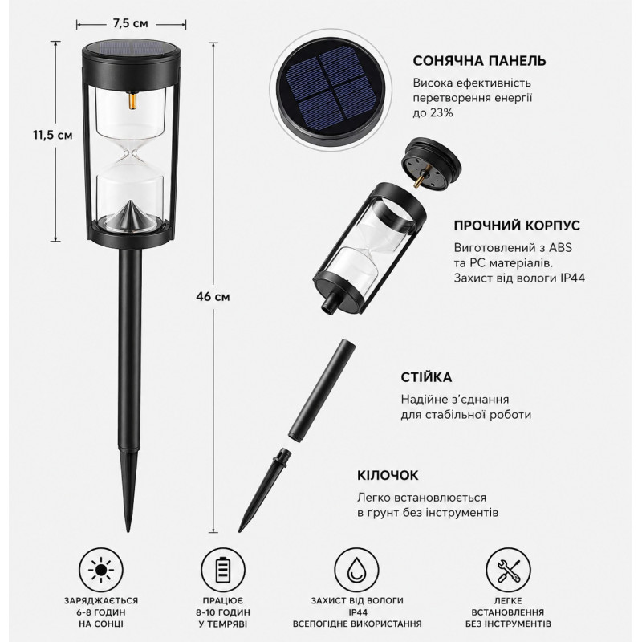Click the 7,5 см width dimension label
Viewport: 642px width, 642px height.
click(x=130, y=24)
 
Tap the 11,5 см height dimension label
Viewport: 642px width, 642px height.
click(x=53, y=135)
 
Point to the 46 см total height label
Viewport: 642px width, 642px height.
click(x=213, y=296)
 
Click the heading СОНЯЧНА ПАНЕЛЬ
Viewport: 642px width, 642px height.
click(x=479, y=61)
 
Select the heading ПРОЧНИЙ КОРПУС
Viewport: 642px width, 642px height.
click(x=517, y=226)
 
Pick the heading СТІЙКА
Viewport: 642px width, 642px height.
click(x=426, y=377)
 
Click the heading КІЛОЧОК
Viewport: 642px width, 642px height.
click(x=388, y=475)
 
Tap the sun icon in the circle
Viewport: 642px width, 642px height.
click(x=101, y=570)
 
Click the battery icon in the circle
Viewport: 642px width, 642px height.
click(x=223, y=570)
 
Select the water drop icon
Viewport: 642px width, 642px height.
click(x=356, y=570)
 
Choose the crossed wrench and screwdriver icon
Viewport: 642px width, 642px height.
click(x=508, y=570)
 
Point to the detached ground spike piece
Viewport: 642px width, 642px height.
click(x=264, y=490)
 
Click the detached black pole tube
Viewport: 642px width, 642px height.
click(x=323, y=388)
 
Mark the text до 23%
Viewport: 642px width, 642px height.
click(x=433, y=113)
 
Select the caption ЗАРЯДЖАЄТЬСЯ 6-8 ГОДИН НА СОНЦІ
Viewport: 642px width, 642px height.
click(x=101, y=612)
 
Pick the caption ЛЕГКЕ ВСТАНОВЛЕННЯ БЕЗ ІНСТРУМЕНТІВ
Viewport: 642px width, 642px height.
click(x=508, y=612)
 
